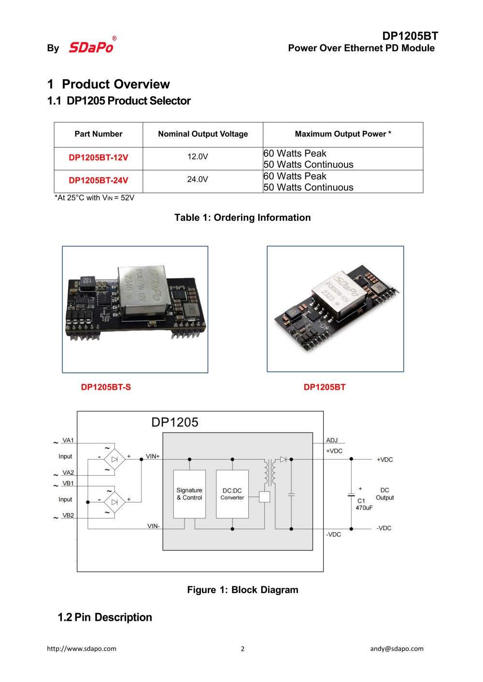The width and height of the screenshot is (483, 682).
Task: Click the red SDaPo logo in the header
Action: [91, 47]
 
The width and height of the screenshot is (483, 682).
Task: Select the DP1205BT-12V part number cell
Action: [99, 157]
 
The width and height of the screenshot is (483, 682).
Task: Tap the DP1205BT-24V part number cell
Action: [99, 180]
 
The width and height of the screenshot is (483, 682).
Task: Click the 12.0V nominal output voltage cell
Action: [198, 156]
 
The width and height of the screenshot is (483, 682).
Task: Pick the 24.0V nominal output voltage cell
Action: [198, 179]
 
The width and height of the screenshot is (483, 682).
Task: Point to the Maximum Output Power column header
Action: [343, 134]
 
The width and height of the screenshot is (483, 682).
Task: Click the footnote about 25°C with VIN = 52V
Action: [95, 198]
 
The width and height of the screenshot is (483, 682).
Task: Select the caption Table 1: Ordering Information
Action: [242, 217]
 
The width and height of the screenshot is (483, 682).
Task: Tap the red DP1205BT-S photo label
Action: [106, 387]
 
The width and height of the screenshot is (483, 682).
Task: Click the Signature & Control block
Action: [189, 494]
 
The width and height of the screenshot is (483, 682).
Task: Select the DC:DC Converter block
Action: [232, 494]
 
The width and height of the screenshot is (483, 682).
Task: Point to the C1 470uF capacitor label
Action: [364, 504]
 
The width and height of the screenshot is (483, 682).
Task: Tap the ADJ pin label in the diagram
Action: [332, 440]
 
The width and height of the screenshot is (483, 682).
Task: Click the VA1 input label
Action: [68, 440]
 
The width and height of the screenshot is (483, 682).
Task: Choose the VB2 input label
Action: [68, 515]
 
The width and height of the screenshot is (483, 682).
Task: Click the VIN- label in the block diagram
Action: [153, 526]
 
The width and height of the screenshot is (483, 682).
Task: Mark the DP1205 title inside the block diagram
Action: [175, 422]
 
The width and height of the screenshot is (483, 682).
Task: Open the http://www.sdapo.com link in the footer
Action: [82, 649]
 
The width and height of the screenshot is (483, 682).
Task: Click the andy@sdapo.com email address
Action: [397, 649]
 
